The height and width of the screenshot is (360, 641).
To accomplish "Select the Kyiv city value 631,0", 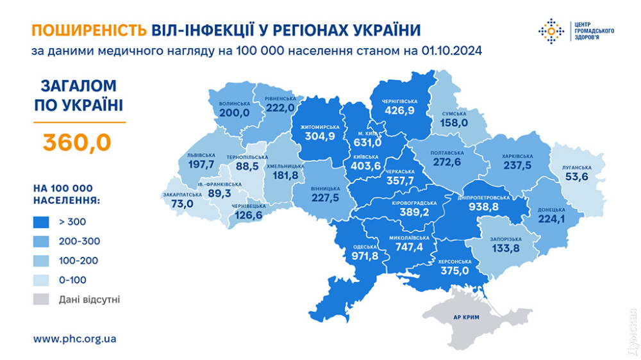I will pos(367,142).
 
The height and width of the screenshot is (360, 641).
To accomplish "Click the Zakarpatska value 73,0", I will pos(181,204).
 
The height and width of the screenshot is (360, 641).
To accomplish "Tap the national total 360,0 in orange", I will pos(77,141).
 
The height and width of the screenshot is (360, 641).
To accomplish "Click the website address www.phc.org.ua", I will pos(74,338).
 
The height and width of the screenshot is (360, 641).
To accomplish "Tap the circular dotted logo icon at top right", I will pos(551,30).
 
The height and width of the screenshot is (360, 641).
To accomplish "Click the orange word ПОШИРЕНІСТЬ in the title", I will pos(90,29).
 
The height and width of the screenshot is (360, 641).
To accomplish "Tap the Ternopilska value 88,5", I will pos(247,166).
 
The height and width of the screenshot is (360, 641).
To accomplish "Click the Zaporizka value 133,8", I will pos(506,248).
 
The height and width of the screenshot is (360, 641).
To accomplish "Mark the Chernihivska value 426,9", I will pos(400,110).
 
